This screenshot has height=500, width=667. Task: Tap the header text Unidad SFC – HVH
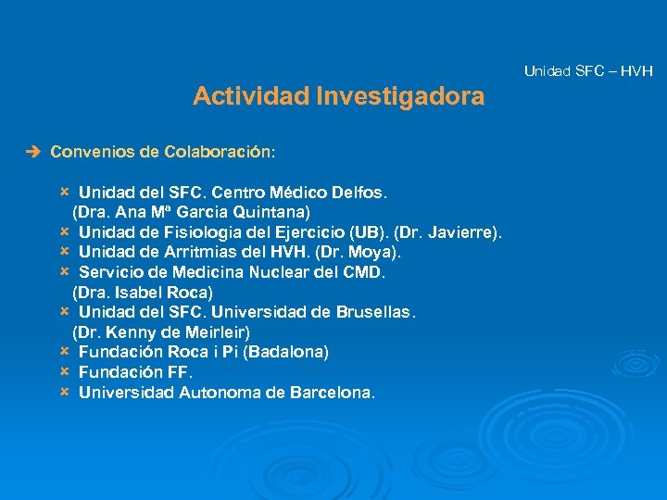click(588, 70)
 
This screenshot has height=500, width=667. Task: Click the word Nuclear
click(283, 272)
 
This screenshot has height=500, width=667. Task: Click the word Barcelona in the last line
click(331, 392)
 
